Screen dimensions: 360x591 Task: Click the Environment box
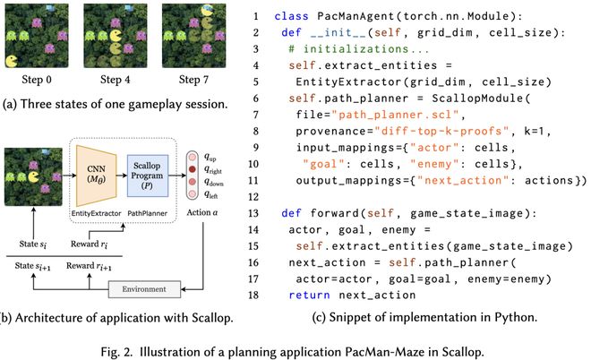(138, 289)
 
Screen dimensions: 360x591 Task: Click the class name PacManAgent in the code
(336, 16)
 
